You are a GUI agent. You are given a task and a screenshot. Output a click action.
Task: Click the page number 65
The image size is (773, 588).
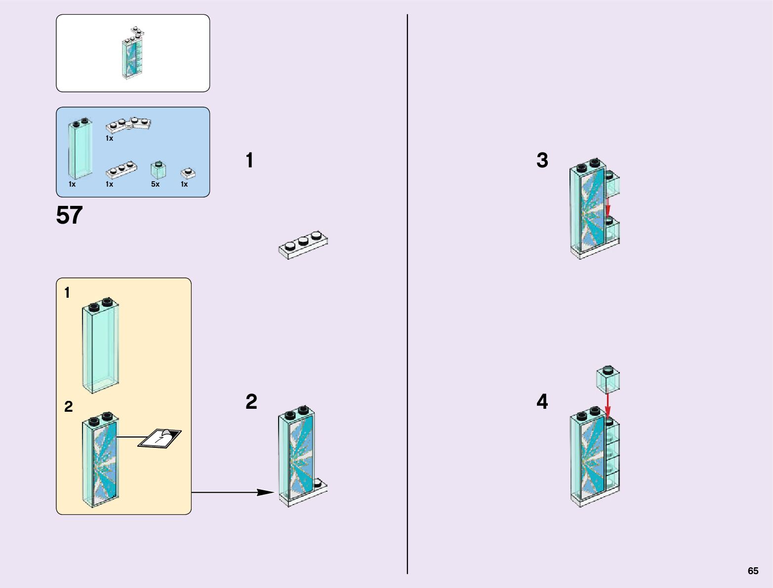point(753,571)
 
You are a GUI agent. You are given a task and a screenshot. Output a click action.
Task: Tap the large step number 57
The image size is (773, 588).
point(69,215)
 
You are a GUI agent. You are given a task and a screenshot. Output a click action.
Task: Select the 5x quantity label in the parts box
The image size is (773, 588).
point(155,184)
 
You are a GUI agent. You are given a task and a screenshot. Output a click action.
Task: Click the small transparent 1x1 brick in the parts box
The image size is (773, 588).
point(158,170)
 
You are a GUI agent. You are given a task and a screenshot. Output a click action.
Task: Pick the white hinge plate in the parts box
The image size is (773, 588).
point(128,124)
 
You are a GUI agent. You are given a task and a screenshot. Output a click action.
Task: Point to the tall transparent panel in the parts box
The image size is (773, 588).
point(80,149)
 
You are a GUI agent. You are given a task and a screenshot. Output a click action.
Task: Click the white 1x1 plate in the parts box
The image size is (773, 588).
point(188,173)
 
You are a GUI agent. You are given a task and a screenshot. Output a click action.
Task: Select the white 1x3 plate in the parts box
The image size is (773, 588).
point(122,170)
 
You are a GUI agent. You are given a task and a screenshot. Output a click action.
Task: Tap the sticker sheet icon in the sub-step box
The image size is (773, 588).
point(160,438)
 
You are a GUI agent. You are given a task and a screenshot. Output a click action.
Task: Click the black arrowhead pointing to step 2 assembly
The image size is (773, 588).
point(265,492)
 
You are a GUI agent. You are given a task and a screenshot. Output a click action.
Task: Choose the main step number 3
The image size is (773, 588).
point(542,160)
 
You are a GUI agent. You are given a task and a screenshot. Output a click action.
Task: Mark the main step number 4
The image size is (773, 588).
point(542,402)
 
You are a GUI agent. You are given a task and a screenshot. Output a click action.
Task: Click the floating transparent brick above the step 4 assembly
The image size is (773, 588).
point(608,379)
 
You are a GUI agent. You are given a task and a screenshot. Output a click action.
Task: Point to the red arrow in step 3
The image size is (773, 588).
point(608,206)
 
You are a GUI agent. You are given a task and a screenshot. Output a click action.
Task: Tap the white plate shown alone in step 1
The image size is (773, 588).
point(303,244)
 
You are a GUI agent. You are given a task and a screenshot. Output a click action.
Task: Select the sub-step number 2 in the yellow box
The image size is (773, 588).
point(68,406)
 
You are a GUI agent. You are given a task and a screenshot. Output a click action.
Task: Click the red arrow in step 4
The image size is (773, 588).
point(608,405)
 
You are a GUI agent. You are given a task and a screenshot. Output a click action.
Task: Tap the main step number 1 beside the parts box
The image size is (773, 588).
point(249,160)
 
